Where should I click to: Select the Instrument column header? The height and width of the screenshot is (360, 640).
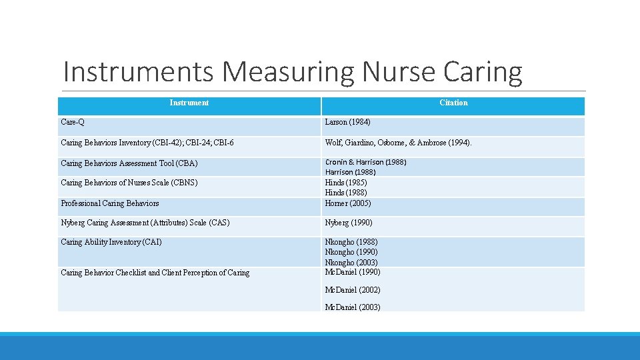(x=189, y=103)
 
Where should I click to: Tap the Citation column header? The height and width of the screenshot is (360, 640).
(x=453, y=103)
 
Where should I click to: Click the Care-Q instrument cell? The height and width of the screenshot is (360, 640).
(x=73, y=123)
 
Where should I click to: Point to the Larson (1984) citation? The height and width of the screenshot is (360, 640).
(x=347, y=123)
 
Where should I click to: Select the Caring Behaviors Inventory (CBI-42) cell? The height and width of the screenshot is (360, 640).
(x=147, y=143)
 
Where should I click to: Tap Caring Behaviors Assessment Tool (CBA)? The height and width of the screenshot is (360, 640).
(x=129, y=163)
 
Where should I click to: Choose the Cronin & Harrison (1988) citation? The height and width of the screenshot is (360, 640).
(x=365, y=162)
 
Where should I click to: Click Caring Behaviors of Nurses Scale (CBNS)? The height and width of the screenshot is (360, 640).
(x=129, y=183)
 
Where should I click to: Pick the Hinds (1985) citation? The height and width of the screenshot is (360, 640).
(x=345, y=183)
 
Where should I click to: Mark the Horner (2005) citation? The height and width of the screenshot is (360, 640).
(x=348, y=203)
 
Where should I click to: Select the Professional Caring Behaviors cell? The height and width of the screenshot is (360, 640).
(x=109, y=203)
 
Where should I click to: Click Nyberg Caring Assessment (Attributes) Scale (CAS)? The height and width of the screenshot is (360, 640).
(x=145, y=223)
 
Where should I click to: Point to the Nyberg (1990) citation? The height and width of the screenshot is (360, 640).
(x=348, y=223)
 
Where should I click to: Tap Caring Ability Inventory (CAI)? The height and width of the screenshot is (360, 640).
(x=111, y=242)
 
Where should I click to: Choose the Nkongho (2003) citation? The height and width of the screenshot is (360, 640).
(x=351, y=263)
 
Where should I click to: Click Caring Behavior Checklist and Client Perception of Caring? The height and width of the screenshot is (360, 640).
(x=155, y=273)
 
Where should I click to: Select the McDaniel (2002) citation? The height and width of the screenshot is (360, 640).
(x=352, y=290)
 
